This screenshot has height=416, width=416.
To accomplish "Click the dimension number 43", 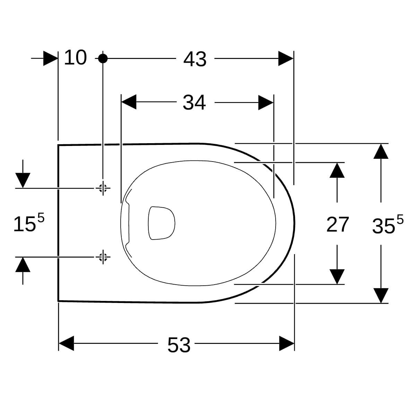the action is (x=195, y=59).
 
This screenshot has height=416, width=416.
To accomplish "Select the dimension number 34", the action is (x=194, y=103).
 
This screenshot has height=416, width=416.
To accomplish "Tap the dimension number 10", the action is (x=75, y=57).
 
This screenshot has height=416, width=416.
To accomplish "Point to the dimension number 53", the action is (x=179, y=345).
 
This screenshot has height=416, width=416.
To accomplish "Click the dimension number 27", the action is (x=337, y=225).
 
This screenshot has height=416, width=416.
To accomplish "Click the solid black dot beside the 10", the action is (x=103, y=58).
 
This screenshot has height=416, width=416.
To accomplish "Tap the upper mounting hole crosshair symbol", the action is (x=103, y=188).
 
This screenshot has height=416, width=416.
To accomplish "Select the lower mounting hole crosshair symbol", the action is (x=103, y=257).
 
